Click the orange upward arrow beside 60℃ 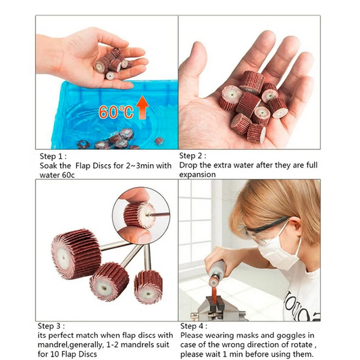point(142,107)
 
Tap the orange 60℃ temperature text point(116,112)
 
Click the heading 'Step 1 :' point(53,156)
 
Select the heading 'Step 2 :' point(192,156)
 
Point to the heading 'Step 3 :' point(51,326)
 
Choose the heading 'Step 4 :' point(194,326)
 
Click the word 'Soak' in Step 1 point(47,165)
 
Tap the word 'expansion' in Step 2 point(197,175)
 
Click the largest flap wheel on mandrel point(76,254)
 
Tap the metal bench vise point(215,307)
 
